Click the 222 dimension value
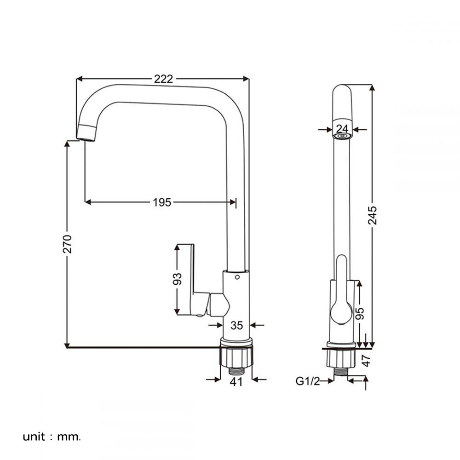pyautogui.click(x=163, y=79)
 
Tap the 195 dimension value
pyautogui.click(x=162, y=202)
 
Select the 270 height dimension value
pyautogui.click(x=68, y=244)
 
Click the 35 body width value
pyautogui.click(x=236, y=326)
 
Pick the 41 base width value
pyautogui.click(x=236, y=381)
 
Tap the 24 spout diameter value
pyautogui.click(x=342, y=129)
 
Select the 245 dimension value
pyautogui.click(x=373, y=215)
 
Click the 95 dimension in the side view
pyautogui.click(x=361, y=313)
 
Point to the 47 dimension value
pyautogui.click(x=366, y=360)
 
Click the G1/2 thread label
pyautogui.click(x=307, y=381)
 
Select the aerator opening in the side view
pyautogui.click(x=342, y=137)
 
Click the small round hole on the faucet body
pyautogui.click(x=236, y=277)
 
